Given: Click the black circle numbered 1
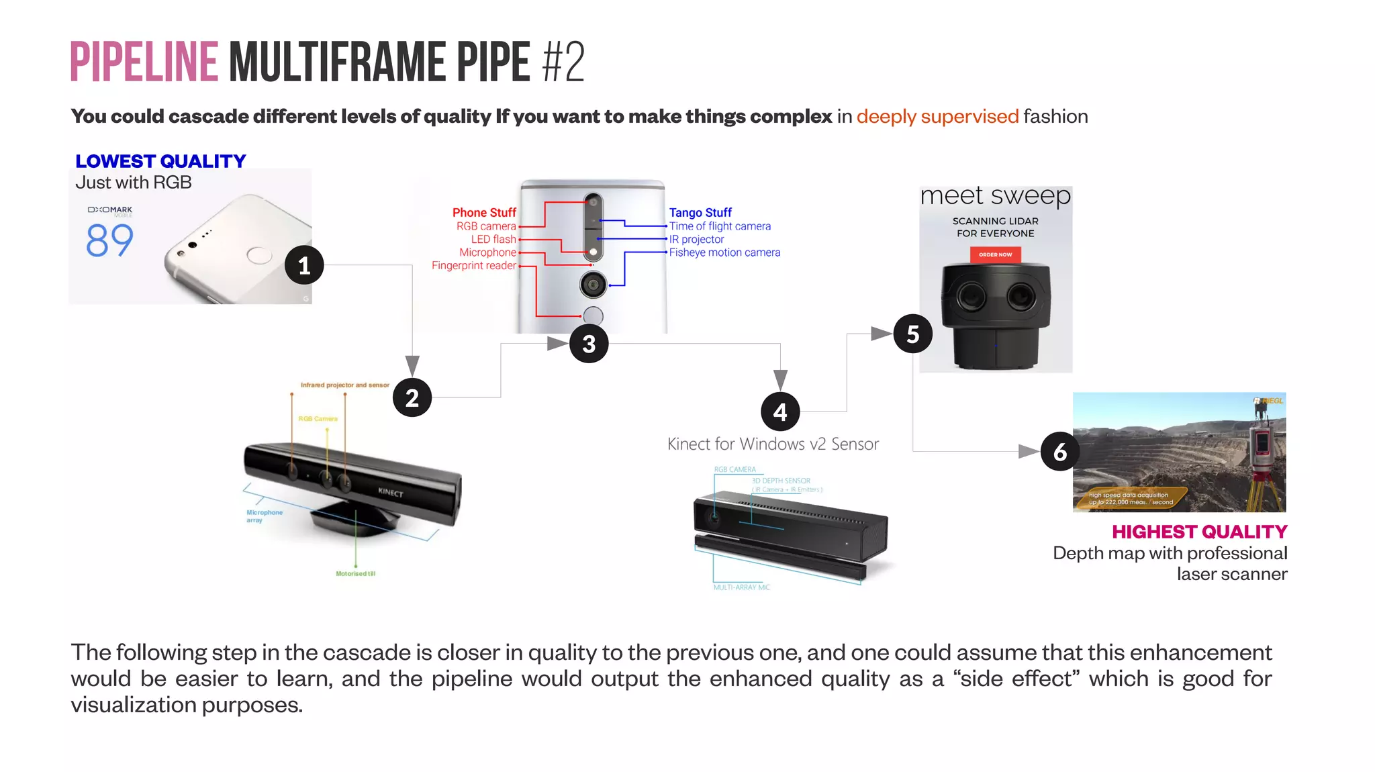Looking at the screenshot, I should [304, 265].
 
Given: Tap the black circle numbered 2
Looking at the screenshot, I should [412, 397].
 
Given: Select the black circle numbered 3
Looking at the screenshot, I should [589, 344].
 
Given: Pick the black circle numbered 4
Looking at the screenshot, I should [780, 412].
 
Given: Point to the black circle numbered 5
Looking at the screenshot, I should [912, 334].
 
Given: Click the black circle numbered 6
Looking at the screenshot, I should [1060, 452].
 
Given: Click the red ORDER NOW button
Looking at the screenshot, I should [995, 254].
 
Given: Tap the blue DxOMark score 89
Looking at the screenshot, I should [110, 240].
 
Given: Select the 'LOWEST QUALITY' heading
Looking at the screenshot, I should [160, 161].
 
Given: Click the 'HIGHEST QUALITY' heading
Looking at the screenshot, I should [1199, 532].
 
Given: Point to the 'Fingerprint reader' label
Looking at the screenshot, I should [474, 266].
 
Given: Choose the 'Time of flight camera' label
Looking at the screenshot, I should [720, 226].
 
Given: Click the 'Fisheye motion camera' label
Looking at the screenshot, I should [724, 252].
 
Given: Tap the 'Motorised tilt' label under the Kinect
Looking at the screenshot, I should [355, 574].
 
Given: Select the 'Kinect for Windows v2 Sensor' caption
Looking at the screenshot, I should [773, 444].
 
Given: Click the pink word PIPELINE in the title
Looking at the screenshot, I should [144, 62].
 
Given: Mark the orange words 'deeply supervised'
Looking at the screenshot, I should [937, 116].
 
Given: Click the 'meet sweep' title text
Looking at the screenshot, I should [995, 196].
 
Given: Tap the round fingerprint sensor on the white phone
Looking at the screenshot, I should [259, 255].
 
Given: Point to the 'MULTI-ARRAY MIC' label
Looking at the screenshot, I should [741, 587].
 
